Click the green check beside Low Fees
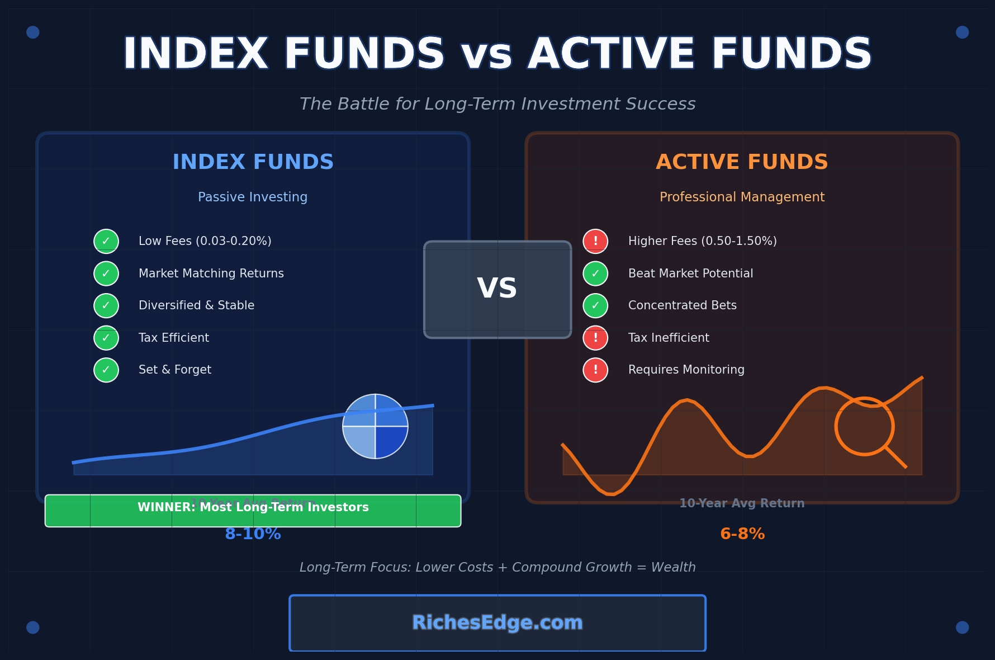click(106, 242)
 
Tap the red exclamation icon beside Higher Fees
click(595, 242)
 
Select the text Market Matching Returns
click(211, 274)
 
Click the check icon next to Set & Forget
click(106, 370)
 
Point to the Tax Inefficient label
click(669, 338)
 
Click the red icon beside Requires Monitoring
click(595, 370)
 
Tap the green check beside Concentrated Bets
click(595, 306)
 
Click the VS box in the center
click(497, 289)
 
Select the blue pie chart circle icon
click(375, 426)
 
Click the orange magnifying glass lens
click(864, 426)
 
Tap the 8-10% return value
click(253, 534)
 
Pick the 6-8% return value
click(742, 534)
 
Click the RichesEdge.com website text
click(497, 623)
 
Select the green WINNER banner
click(253, 510)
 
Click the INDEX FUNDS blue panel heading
click(253, 162)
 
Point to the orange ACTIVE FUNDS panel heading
click(742, 162)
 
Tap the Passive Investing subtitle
click(253, 197)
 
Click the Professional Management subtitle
click(742, 197)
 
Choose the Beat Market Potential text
click(690, 274)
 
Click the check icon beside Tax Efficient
click(106, 338)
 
